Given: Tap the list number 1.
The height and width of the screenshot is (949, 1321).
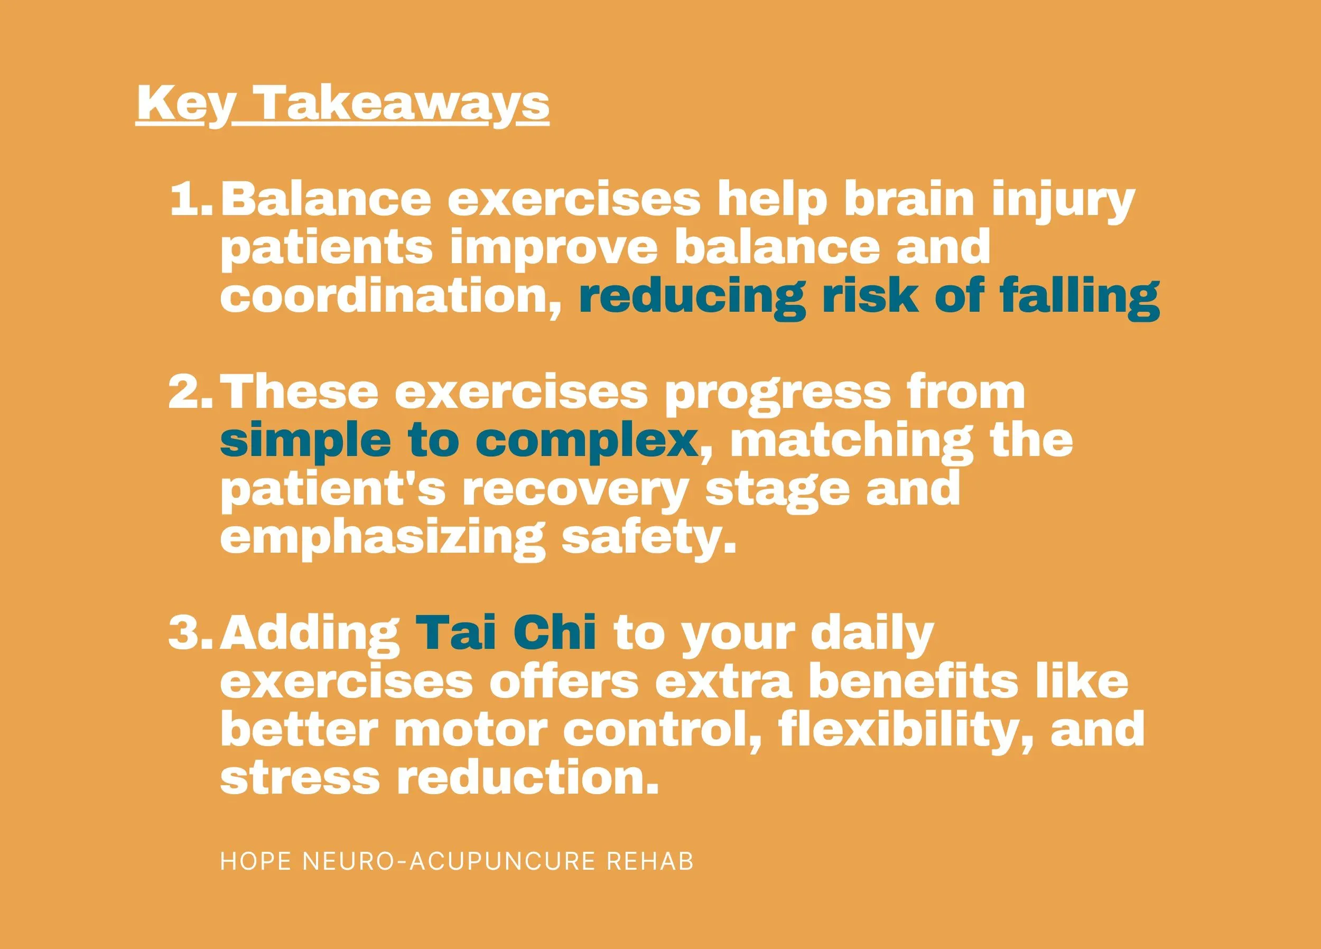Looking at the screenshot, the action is pos(190,199).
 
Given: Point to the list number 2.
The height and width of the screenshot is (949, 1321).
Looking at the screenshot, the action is pos(190,392).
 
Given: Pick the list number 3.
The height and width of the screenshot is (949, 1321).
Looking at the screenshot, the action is pos(190,633).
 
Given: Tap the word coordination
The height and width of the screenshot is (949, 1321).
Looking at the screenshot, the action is pos(390,296).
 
